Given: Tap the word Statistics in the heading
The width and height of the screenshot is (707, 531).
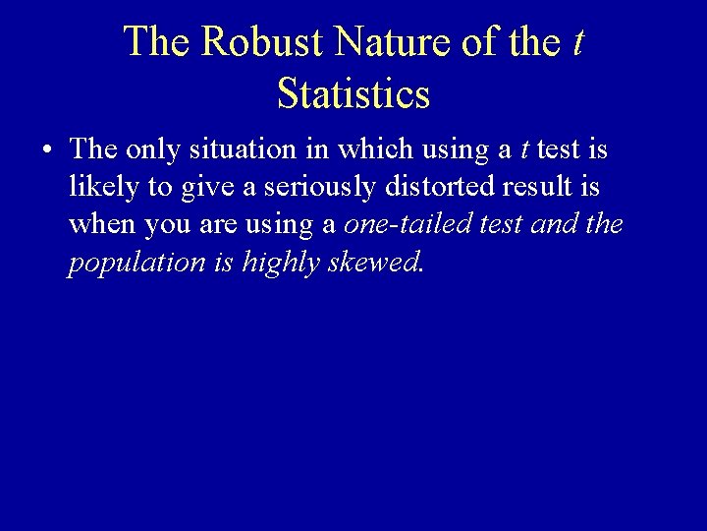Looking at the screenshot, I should point(353,93).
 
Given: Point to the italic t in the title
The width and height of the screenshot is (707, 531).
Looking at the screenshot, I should point(577,41).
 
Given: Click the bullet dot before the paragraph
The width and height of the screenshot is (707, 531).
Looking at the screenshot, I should point(47,150).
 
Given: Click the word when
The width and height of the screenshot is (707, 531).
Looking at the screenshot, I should point(103,224).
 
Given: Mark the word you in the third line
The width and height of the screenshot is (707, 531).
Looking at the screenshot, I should point(167,225).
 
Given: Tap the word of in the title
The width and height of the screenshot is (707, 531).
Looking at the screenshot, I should point(493,41).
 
